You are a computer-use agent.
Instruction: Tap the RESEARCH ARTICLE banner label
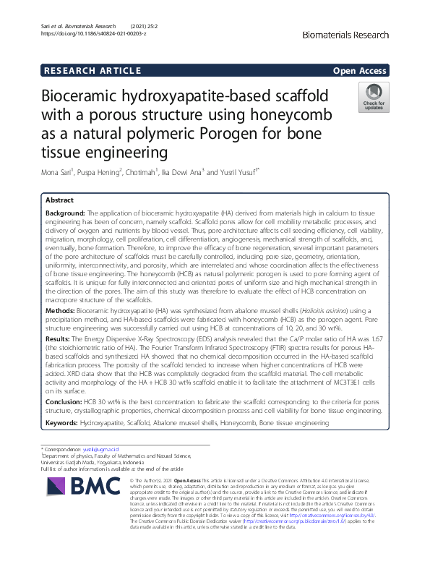pyautogui.click(x=93, y=70)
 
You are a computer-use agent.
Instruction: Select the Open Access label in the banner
pyautogui.click(x=360, y=70)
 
